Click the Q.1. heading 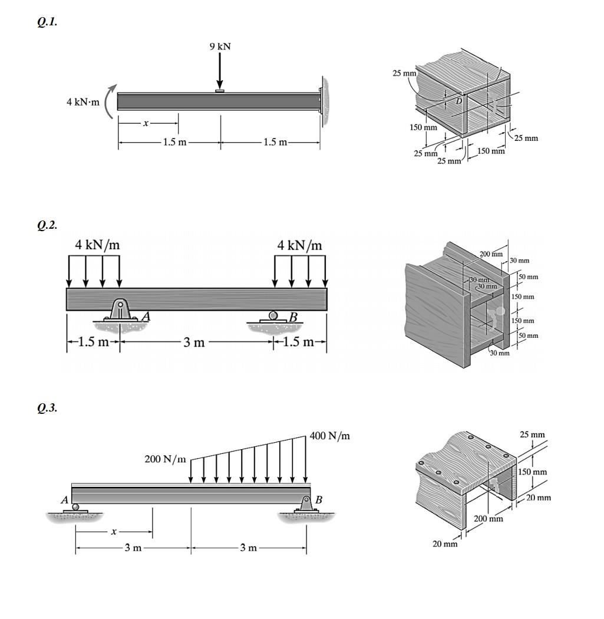47,22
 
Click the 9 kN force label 220,47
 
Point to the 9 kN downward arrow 220,71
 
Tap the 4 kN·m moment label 83,102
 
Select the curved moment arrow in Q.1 108,101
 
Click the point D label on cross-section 459,101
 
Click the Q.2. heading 47,225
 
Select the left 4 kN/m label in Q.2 98,245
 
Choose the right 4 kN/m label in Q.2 300,245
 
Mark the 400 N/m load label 331,436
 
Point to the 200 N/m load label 165,459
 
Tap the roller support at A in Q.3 75,508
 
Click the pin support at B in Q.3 306,504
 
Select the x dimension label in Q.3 114,532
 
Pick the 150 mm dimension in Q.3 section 533,472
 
